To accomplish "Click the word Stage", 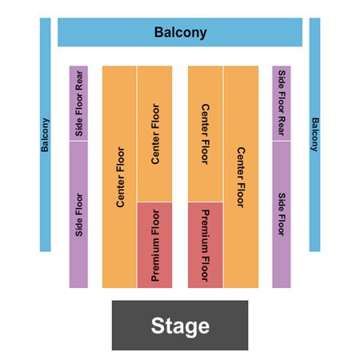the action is coord(180,326).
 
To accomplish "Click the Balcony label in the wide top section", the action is coord(180,33).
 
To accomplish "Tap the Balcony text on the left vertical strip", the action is coord(45,135).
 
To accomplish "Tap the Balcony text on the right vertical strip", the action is coord(315,134).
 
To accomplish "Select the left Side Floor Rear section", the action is coord(78,103).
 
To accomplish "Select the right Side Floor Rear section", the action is coord(282,103).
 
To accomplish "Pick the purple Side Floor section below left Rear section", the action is coord(78,214).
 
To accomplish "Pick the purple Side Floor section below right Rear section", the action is coord(282,214).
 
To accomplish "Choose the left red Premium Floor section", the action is coord(154,245).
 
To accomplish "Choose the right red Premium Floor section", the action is coord(206,245).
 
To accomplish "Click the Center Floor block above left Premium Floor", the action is coord(154,134).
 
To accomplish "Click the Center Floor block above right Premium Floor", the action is coord(206,134).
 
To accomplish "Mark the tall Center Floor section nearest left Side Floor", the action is coord(119,177).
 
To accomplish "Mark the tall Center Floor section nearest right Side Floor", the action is coord(241,177).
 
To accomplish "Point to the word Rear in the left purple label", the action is coord(79,79).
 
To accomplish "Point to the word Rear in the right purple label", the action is coord(282,126).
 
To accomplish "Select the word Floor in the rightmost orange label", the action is coord(241,194).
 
